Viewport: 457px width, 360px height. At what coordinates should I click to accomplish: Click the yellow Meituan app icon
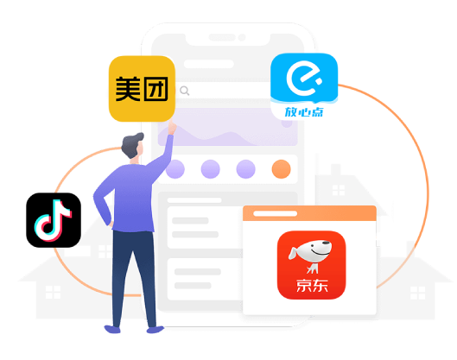tap(142, 89)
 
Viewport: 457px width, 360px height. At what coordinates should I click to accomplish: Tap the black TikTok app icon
tap(54, 220)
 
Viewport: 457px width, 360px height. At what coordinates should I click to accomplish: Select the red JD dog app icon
tap(311, 265)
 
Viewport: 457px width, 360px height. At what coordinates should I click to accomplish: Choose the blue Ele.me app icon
tap(304, 86)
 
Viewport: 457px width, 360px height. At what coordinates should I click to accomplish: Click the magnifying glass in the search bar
tap(185, 91)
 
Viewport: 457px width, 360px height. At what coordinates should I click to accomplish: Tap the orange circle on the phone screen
tap(282, 169)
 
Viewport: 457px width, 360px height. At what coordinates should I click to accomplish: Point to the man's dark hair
tap(132, 144)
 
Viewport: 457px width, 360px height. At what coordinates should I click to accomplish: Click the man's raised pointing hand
tap(172, 128)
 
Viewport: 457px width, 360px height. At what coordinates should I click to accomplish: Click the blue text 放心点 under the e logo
tap(304, 112)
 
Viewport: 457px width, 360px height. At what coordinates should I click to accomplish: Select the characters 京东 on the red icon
tap(312, 286)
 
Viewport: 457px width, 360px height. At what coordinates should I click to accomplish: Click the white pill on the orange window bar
tap(275, 213)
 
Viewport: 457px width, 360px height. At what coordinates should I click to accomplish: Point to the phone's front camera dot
tap(242, 37)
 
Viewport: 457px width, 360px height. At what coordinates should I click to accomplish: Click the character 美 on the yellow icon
tap(128, 89)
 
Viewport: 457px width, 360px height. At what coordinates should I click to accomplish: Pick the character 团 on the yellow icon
tap(156, 89)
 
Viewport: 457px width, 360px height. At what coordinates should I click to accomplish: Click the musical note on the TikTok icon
tap(53, 220)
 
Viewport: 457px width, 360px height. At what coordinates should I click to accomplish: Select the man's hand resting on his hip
tap(111, 224)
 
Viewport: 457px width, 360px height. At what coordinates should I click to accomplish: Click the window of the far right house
tap(417, 293)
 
